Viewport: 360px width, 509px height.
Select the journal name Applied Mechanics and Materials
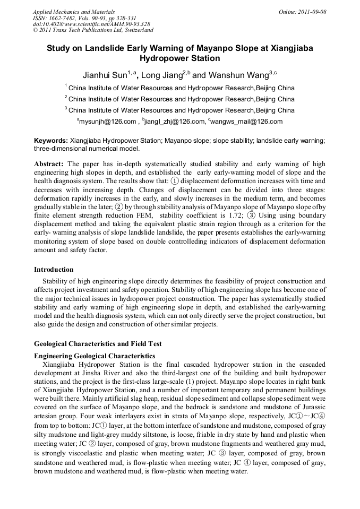(x=74, y=11)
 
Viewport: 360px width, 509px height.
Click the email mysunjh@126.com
(x=108, y=122)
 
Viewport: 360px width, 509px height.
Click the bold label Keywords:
(x=51, y=141)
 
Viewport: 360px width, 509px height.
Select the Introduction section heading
(x=54, y=270)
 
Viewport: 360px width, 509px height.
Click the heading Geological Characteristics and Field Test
(x=98, y=343)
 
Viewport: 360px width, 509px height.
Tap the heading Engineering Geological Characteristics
(x=95, y=355)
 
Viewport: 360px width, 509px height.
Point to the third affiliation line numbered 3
(x=179, y=110)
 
